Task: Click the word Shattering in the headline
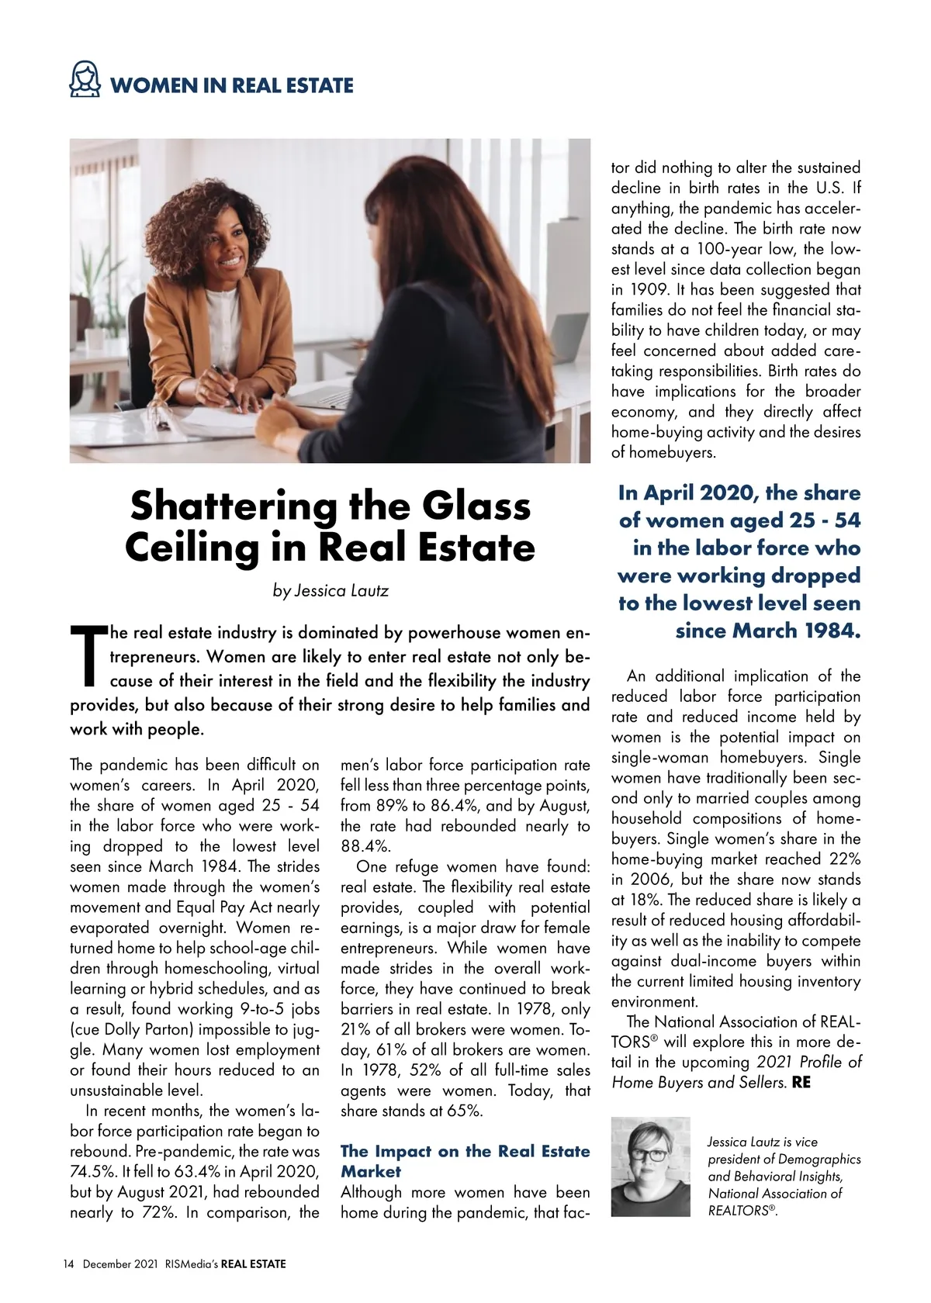pos(233,506)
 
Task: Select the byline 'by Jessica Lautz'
pos(331,590)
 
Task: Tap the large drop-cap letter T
pos(87,656)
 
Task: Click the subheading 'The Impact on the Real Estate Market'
pos(465,1160)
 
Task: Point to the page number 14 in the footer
pos(68,1264)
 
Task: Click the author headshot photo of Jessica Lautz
pos(650,1166)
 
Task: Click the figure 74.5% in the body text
pos(90,1172)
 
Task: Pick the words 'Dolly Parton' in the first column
pos(149,1029)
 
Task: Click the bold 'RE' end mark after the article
pos(801,1082)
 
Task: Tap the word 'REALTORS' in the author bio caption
pos(738,1211)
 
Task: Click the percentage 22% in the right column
pos(843,859)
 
